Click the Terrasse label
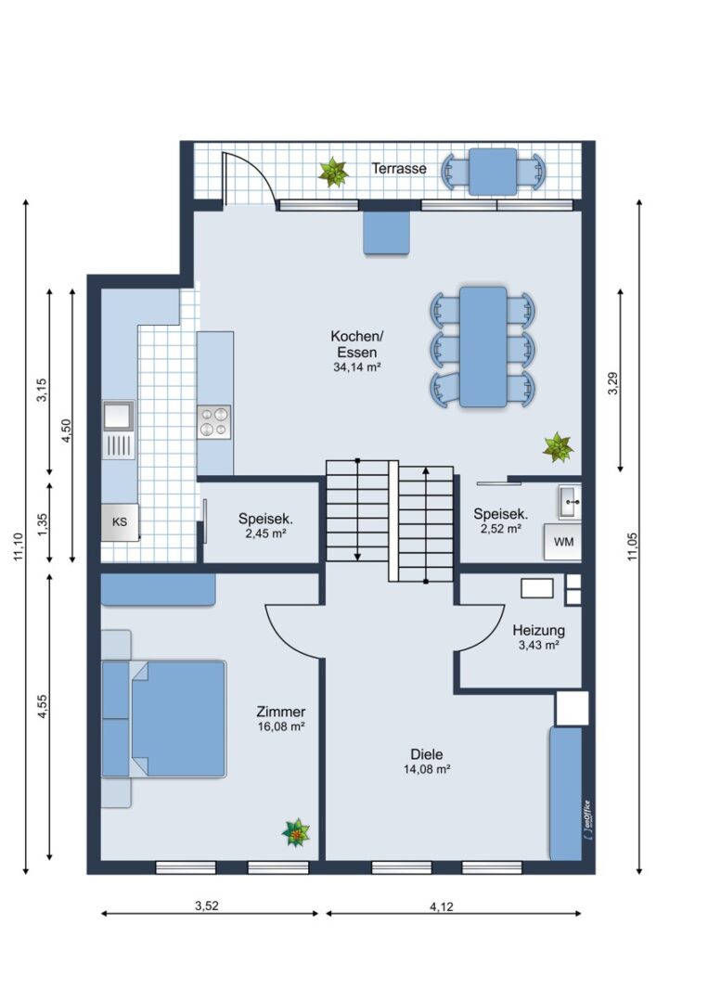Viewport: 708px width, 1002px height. [399, 169]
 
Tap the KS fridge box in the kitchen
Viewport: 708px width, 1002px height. [120, 522]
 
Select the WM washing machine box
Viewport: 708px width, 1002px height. [563, 542]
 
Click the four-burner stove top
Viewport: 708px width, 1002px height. [214, 422]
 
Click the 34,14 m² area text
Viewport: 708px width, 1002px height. [357, 367]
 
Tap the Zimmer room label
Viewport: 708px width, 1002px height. [280, 712]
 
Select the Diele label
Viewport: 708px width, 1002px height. [426, 754]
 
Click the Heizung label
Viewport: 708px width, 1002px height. [539, 630]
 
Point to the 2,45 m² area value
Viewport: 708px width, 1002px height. [265, 533]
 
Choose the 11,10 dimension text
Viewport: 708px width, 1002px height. [19, 547]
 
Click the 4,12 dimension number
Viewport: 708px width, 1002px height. [442, 906]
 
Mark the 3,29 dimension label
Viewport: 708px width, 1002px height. [613, 383]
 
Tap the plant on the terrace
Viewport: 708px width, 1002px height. [333, 172]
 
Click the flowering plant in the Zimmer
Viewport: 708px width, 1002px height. [296, 832]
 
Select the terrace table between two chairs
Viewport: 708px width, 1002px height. [493, 172]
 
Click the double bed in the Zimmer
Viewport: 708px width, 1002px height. [164, 719]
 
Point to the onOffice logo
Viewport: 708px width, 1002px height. [586, 819]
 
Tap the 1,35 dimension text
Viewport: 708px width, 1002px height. [43, 522]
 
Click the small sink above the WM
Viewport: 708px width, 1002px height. [570, 502]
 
